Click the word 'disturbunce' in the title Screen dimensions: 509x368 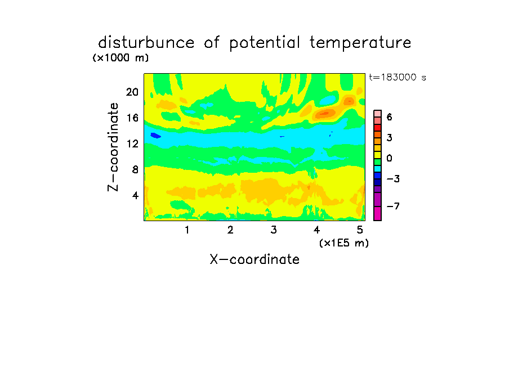(146, 43)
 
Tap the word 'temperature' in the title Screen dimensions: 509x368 (360, 43)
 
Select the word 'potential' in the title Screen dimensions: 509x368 (264, 43)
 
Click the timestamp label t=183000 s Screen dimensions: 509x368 (398, 77)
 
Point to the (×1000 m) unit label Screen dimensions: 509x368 (120, 58)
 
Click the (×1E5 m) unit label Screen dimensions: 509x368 (344, 243)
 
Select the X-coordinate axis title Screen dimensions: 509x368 (254, 259)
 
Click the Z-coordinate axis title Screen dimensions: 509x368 (113, 147)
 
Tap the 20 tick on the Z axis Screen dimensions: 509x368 (132, 92)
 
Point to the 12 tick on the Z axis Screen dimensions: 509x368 (132, 143)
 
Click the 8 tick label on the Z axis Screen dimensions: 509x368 (135, 169)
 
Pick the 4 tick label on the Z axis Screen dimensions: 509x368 (135, 195)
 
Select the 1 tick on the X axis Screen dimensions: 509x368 (187, 230)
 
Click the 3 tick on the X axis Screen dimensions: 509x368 (274, 230)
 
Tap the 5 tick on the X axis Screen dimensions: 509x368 (360, 230)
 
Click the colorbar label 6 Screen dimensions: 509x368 (389, 117)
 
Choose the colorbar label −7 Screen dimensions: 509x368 (393, 206)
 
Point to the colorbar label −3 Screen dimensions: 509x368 (393, 179)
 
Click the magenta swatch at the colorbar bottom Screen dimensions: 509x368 (378, 213)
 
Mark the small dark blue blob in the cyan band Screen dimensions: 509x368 (156, 136)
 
